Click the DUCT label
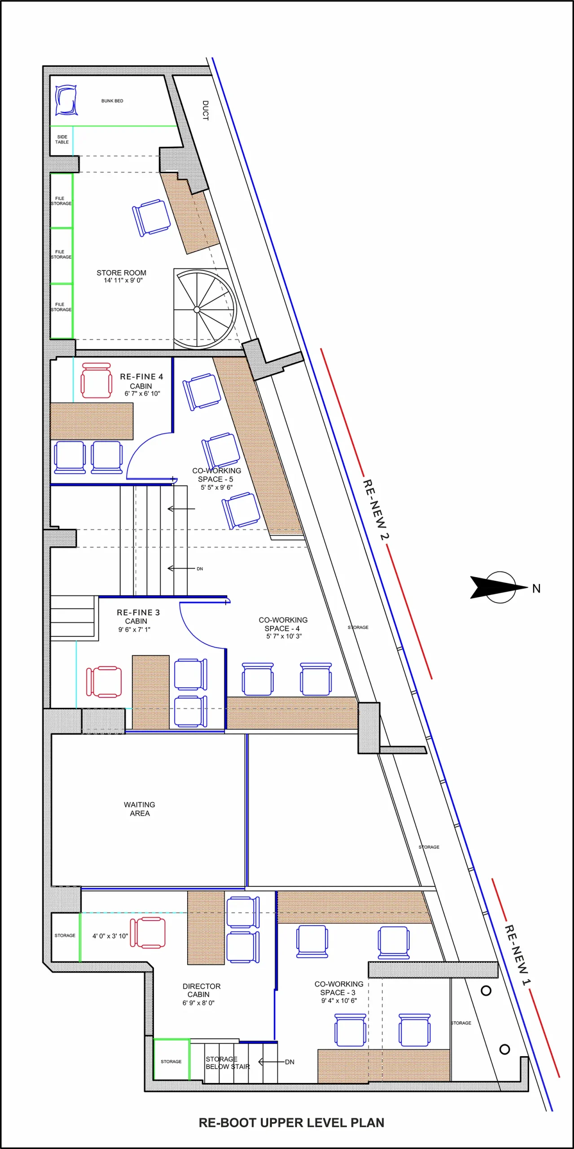point(206,110)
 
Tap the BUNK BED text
point(112,101)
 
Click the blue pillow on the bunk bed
point(66,100)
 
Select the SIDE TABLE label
point(62,140)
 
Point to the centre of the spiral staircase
point(197,310)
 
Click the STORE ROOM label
point(121,273)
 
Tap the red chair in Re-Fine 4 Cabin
point(96,380)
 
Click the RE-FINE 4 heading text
point(141,377)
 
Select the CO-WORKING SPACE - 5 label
point(216,475)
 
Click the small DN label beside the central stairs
point(200,569)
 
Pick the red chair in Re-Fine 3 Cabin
point(104,681)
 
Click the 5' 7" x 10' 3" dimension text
point(284,636)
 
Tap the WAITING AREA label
point(140,809)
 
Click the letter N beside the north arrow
point(536,588)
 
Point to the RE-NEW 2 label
point(376,510)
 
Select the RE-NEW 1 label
point(517,949)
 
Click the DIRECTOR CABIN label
point(201,990)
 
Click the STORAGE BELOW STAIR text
point(228,1062)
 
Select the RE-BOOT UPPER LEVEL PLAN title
point(291,1123)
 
